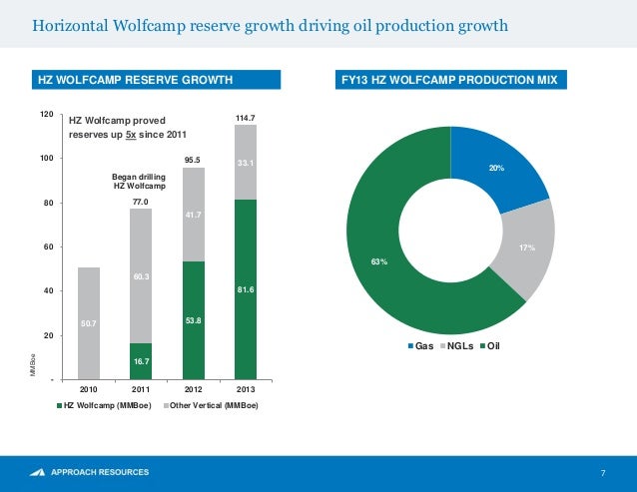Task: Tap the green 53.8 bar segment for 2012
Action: pyautogui.click(x=193, y=319)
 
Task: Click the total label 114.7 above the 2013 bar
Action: pyautogui.click(x=246, y=118)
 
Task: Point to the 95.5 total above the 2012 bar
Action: pyautogui.click(x=194, y=159)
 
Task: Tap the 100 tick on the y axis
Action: pyautogui.click(x=46, y=159)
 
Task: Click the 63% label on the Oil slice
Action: pyautogui.click(x=379, y=261)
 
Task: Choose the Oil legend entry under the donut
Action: pyautogui.click(x=490, y=346)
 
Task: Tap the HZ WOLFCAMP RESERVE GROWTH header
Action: pyautogui.click(x=135, y=79)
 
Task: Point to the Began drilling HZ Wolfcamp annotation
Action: pyautogui.click(x=139, y=182)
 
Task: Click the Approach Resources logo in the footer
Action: pyautogui.click(x=90, y=471)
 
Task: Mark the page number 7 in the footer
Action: pyautogui.click(x=603, y=472)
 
